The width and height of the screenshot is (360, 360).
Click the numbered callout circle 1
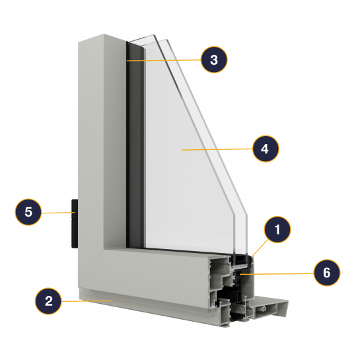277,229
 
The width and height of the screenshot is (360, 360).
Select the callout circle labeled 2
48,301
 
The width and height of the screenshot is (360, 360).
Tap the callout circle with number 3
214,59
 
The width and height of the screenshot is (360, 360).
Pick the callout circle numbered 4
266,149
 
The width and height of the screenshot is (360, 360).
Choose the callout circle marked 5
28,212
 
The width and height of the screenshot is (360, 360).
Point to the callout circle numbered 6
327,273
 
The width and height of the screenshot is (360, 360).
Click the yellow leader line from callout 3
164,60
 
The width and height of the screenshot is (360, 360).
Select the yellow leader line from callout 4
217,149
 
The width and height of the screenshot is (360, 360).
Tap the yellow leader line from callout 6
277,273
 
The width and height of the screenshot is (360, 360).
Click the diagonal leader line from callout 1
260,248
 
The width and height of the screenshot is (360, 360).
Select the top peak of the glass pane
153,35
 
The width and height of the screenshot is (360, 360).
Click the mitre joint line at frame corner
90,268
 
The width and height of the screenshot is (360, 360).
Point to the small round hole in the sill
264,308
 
